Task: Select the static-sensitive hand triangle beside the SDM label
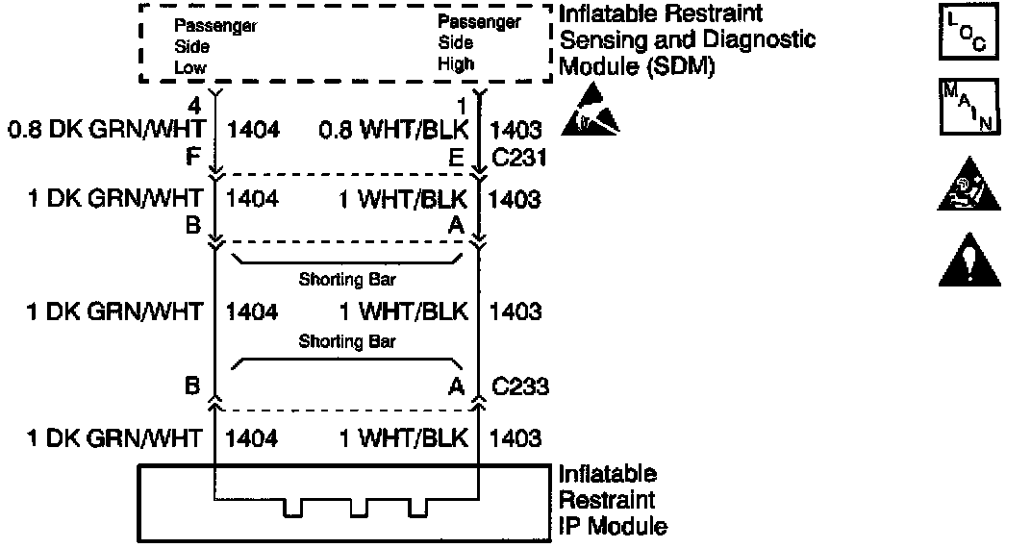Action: point(592,112)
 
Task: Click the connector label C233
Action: point(520,387)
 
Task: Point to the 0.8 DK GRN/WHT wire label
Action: point(106,129)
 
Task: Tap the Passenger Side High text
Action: point(479,43)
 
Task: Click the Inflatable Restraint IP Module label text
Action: point(613,500)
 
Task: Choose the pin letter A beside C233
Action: point(458,386)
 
